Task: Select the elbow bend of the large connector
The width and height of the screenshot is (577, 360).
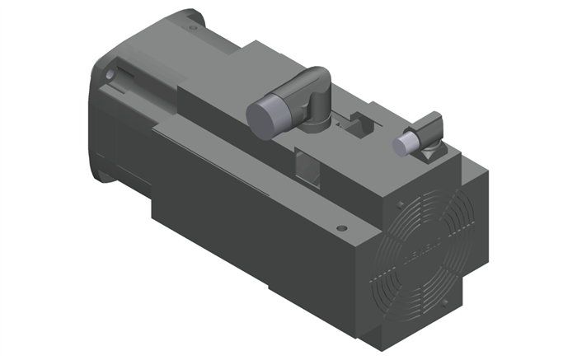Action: pos(315,85)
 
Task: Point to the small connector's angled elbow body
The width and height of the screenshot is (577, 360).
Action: pos(429,128)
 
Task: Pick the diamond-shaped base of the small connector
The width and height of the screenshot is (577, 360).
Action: pos(430,152)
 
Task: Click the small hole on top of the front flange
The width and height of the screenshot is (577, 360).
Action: pos(191,27)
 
